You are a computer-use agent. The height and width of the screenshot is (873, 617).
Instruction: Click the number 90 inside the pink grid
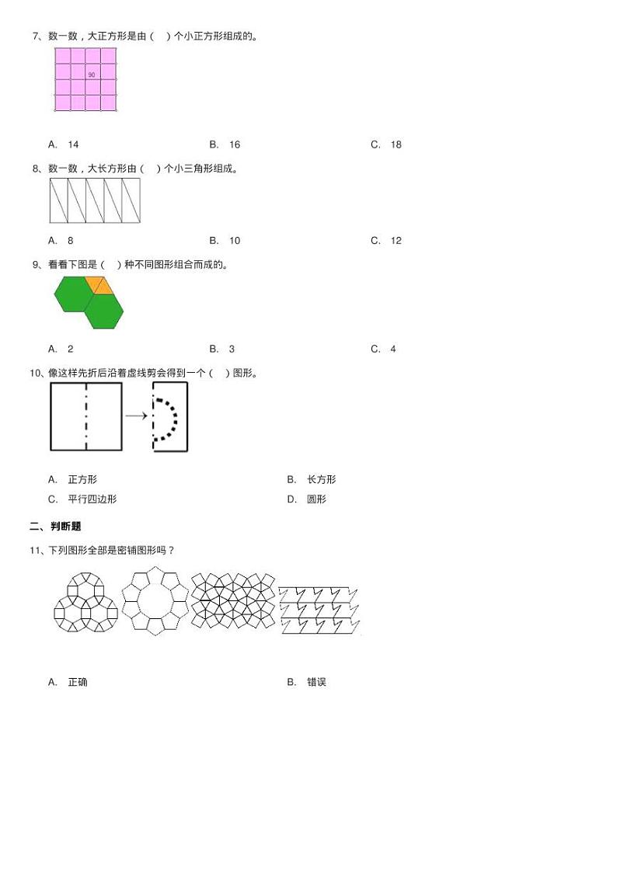point(92,75)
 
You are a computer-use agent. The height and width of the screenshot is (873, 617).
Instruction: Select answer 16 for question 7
point(234,144)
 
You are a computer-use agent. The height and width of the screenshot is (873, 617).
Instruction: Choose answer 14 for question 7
point(73,144)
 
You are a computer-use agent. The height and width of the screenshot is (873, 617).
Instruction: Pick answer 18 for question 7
point(396,144)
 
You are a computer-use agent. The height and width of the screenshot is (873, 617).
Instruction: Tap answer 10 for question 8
point(234,241)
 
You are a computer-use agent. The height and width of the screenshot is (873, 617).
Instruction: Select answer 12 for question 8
point(396,241)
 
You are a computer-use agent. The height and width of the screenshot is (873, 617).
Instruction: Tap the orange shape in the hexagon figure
point(99,286)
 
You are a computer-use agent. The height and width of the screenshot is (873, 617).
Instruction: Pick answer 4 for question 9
point(393,350)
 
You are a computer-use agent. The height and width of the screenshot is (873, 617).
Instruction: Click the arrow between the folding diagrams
point(137,416)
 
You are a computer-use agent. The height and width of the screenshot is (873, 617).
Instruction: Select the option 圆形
point(316,499)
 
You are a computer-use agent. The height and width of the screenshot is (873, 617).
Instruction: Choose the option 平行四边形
point(92,499)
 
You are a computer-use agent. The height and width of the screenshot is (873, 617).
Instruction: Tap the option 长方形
point(321,480)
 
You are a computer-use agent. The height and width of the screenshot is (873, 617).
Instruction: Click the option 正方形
point(82,480)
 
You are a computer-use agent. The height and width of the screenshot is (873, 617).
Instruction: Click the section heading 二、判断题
point(55,527)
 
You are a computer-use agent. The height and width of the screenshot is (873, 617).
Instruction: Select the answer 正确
point(78,682)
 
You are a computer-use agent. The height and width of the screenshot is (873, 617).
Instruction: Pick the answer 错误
point(316,682)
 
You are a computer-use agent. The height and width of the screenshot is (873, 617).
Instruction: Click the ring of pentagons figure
point(155,603)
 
